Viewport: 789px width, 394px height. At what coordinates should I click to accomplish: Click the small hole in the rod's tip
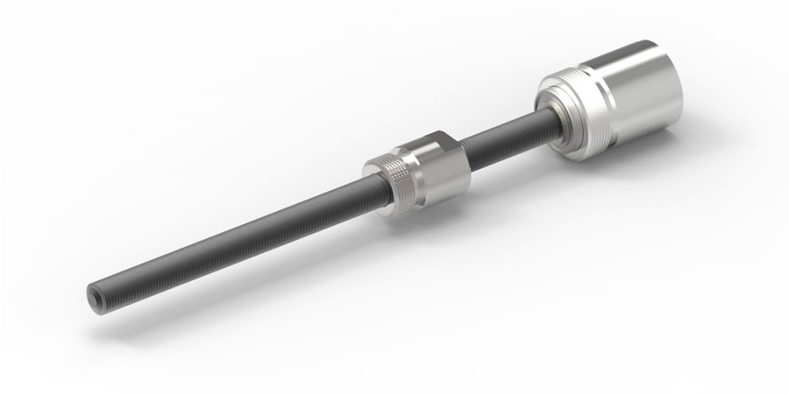click(x=94, y=294)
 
